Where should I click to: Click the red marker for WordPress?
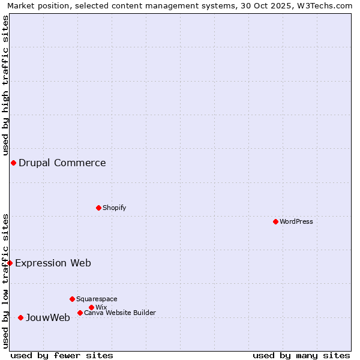275,221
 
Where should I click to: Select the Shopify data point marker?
98,208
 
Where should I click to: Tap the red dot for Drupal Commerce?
13,163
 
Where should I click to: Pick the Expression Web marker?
10,263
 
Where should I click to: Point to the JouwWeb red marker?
20,317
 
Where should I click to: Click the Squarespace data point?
72,299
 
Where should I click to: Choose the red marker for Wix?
91,307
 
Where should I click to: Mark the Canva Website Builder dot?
80,313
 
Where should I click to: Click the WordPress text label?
296,221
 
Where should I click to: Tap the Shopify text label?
114,208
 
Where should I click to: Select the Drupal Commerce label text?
62,163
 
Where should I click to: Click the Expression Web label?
53,263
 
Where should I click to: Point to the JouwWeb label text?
48,317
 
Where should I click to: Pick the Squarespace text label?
97,299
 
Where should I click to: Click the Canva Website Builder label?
120,313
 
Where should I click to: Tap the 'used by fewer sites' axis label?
62,355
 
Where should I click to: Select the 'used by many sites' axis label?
301,355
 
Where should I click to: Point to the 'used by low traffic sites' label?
5,281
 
